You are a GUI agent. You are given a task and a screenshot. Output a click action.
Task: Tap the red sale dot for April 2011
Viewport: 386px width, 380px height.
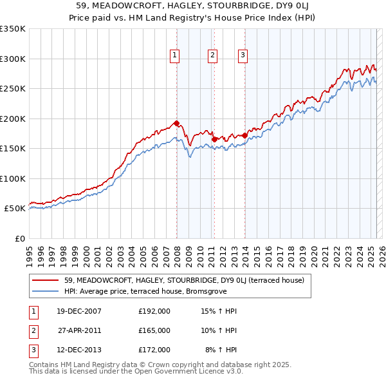click(214, 139)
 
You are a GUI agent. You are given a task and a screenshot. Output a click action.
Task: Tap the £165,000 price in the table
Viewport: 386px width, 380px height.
click(154, 330)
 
